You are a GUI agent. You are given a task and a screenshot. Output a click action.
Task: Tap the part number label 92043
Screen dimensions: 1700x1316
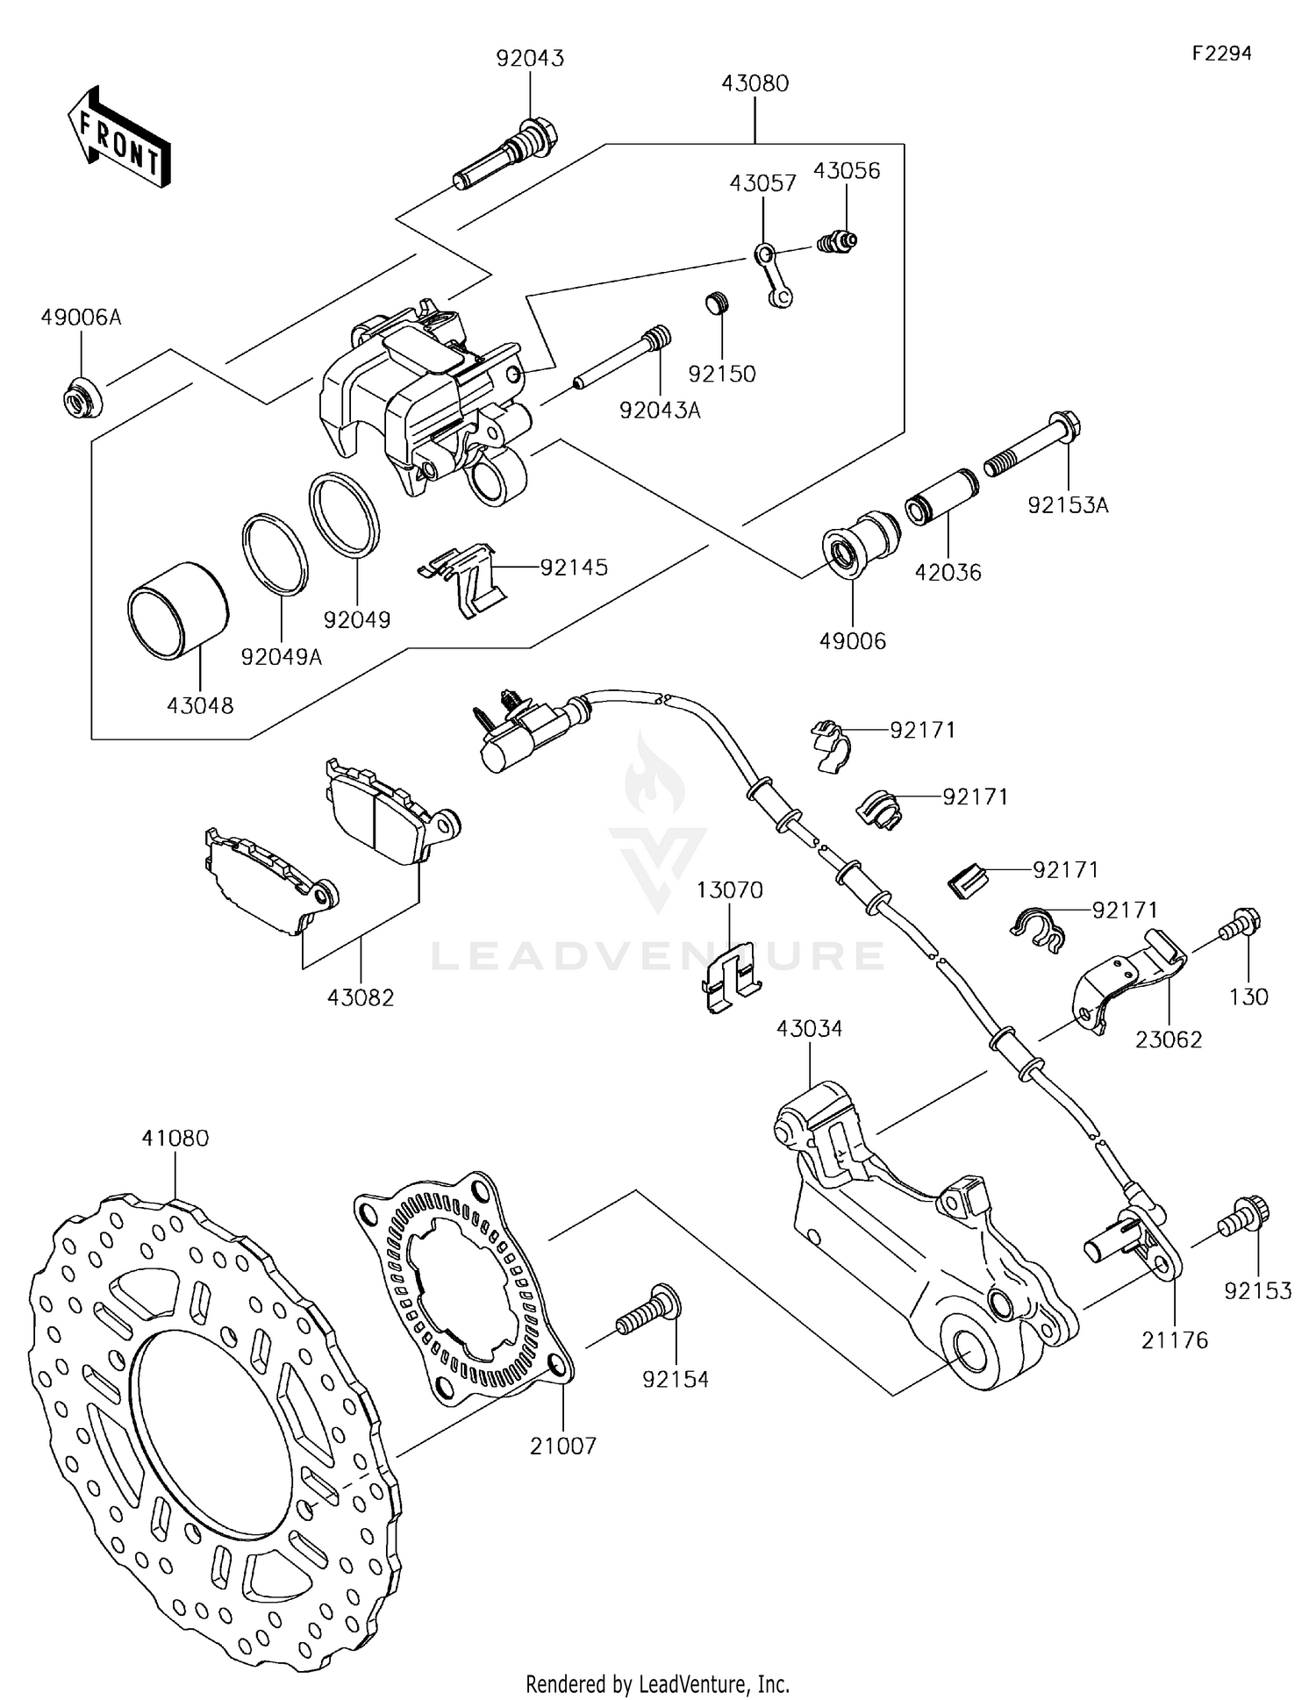click(530, 59)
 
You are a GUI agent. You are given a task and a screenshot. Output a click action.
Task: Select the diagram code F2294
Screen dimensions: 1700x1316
click(1221, 54)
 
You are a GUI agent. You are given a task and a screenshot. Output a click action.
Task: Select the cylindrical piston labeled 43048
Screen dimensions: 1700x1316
click(178, 611)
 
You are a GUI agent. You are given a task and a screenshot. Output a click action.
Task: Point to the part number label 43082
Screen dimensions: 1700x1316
click(361, 997)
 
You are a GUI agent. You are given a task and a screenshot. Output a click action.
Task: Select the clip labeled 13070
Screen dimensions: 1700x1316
click(730, 977)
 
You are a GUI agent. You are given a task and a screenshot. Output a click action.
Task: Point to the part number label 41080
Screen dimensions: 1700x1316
click(175, 1139)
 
